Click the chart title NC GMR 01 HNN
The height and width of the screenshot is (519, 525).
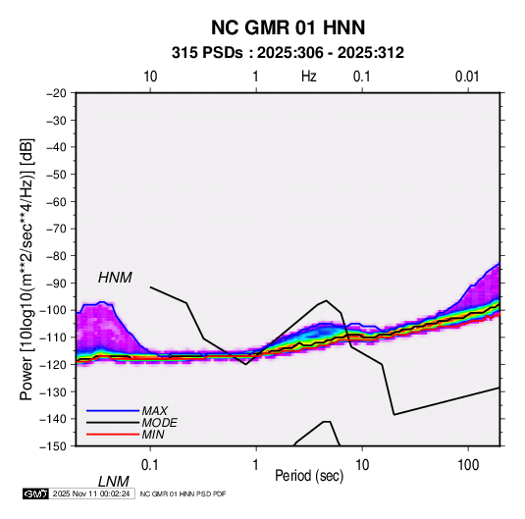click(x=288, y=27)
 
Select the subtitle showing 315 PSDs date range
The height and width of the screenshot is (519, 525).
click(x=288, y=53)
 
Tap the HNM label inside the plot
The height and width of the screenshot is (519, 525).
click(x=115, y=278)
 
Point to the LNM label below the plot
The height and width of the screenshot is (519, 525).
click(x=113, y=482)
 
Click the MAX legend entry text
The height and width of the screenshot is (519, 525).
click(x=154, y=411)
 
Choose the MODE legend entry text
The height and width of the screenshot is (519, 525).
click(x=159, y=423)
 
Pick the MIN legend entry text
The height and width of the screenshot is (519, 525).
click(x=153, y=435)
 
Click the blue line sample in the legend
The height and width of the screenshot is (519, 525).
click(x=113, y=411)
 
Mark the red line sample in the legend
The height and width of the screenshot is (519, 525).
click(x=113, y=435)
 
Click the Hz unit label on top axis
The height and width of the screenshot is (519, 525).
click(x=309, y=77)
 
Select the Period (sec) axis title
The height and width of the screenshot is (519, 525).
click(x=309, y=476)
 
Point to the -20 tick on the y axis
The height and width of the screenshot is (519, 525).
click(x=56, y=93)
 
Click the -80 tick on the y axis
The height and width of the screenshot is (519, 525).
click(x=56, y=256)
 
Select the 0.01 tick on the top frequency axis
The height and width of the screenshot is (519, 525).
click(x=467, y=77)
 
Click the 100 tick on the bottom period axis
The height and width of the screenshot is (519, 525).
click(x=468, y=465)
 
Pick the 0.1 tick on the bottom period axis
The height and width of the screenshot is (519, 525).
click(x=150, y=465)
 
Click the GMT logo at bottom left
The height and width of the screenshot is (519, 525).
click(x=36, y=493)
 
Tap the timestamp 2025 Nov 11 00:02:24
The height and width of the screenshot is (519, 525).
click(x=91, y=493)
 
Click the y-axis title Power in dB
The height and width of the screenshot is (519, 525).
click(x=26, y=270)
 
